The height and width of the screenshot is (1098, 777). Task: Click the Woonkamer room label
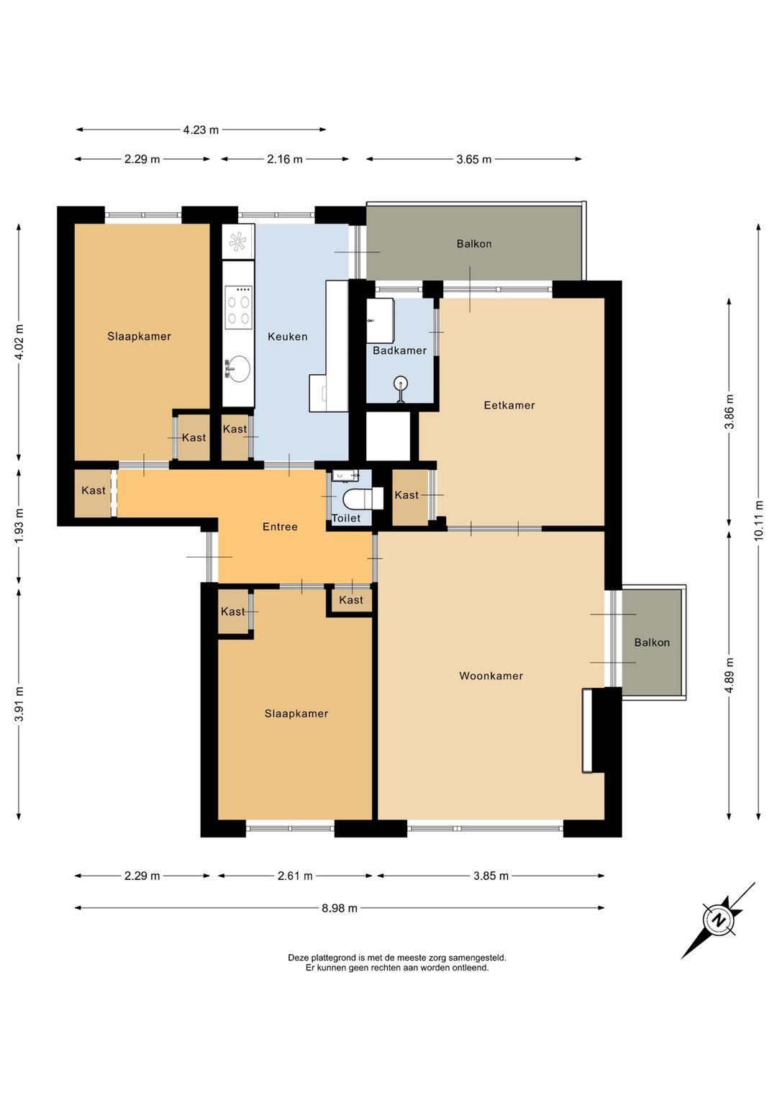tap(491, 676)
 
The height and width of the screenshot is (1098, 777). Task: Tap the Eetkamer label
tap(509, 405)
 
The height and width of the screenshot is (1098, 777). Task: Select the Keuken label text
tap(287, 337)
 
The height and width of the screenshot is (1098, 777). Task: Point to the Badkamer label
tap(399, 350)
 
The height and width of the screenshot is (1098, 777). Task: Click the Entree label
tap(280, 527)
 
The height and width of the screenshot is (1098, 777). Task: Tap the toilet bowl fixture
tap(363, 499)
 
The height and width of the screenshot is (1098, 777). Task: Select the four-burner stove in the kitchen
tap(238, 308)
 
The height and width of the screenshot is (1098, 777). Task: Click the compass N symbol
tap(719, 919)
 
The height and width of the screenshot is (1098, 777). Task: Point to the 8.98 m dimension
tap(340, 908)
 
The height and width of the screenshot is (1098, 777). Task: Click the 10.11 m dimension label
tap(759, 520)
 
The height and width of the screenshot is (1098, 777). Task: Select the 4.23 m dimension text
tap(201, 130)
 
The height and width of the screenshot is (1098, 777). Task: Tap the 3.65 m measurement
tap(473, 159)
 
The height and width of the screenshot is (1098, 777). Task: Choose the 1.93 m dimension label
tap(19, 525)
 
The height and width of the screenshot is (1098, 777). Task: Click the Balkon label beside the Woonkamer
tap(652, 643)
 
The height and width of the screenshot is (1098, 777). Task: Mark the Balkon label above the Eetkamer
tap(474, 244)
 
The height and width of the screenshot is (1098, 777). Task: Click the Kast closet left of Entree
tap(93, 490)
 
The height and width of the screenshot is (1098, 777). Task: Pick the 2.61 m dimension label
tap(295, 876)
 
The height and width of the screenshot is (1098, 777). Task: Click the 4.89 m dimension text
tap(730, 676)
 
